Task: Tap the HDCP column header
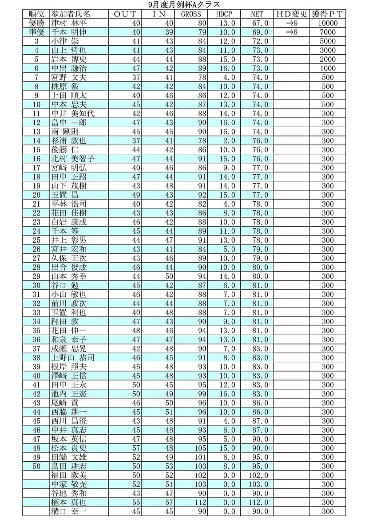(224, 14)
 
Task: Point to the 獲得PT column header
(328, 14)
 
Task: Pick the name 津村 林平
(69, 23)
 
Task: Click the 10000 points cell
(328, 23)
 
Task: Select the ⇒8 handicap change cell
(292, 32)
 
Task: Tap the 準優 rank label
(36, 32)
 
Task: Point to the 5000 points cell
(328, 41)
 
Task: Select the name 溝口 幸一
(69, 512)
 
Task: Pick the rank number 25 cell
(36, 240)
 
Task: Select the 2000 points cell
(328, 59)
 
